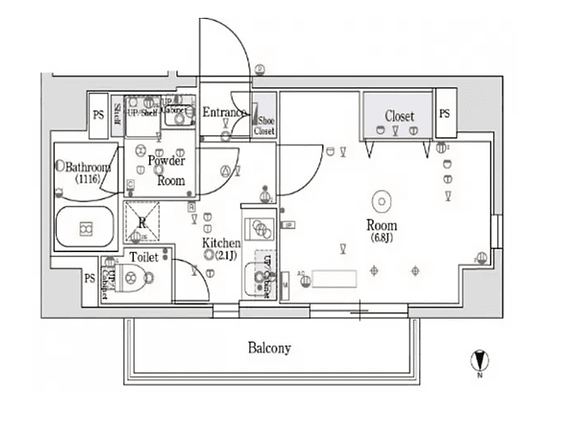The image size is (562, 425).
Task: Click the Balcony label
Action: tap(269, 349)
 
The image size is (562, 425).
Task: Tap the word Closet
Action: tap(399, 116)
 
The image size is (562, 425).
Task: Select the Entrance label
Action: tap(225, 112)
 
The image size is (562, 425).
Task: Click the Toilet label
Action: tap(144, 258)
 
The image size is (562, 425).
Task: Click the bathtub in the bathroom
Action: tap(85, 229)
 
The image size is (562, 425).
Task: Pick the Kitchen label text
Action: tap(221, 243)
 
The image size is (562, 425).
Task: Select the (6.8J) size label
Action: tap(380, 238)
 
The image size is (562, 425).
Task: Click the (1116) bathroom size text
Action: tap(87, 178)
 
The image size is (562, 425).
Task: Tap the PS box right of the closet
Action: tap(444, 114)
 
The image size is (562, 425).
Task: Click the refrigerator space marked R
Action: tap(142, 220)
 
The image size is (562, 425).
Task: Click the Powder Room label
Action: tap(166, 171)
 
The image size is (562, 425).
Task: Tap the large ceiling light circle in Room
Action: tap(380, 200)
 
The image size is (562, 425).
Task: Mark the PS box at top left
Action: tap(98, 115)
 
